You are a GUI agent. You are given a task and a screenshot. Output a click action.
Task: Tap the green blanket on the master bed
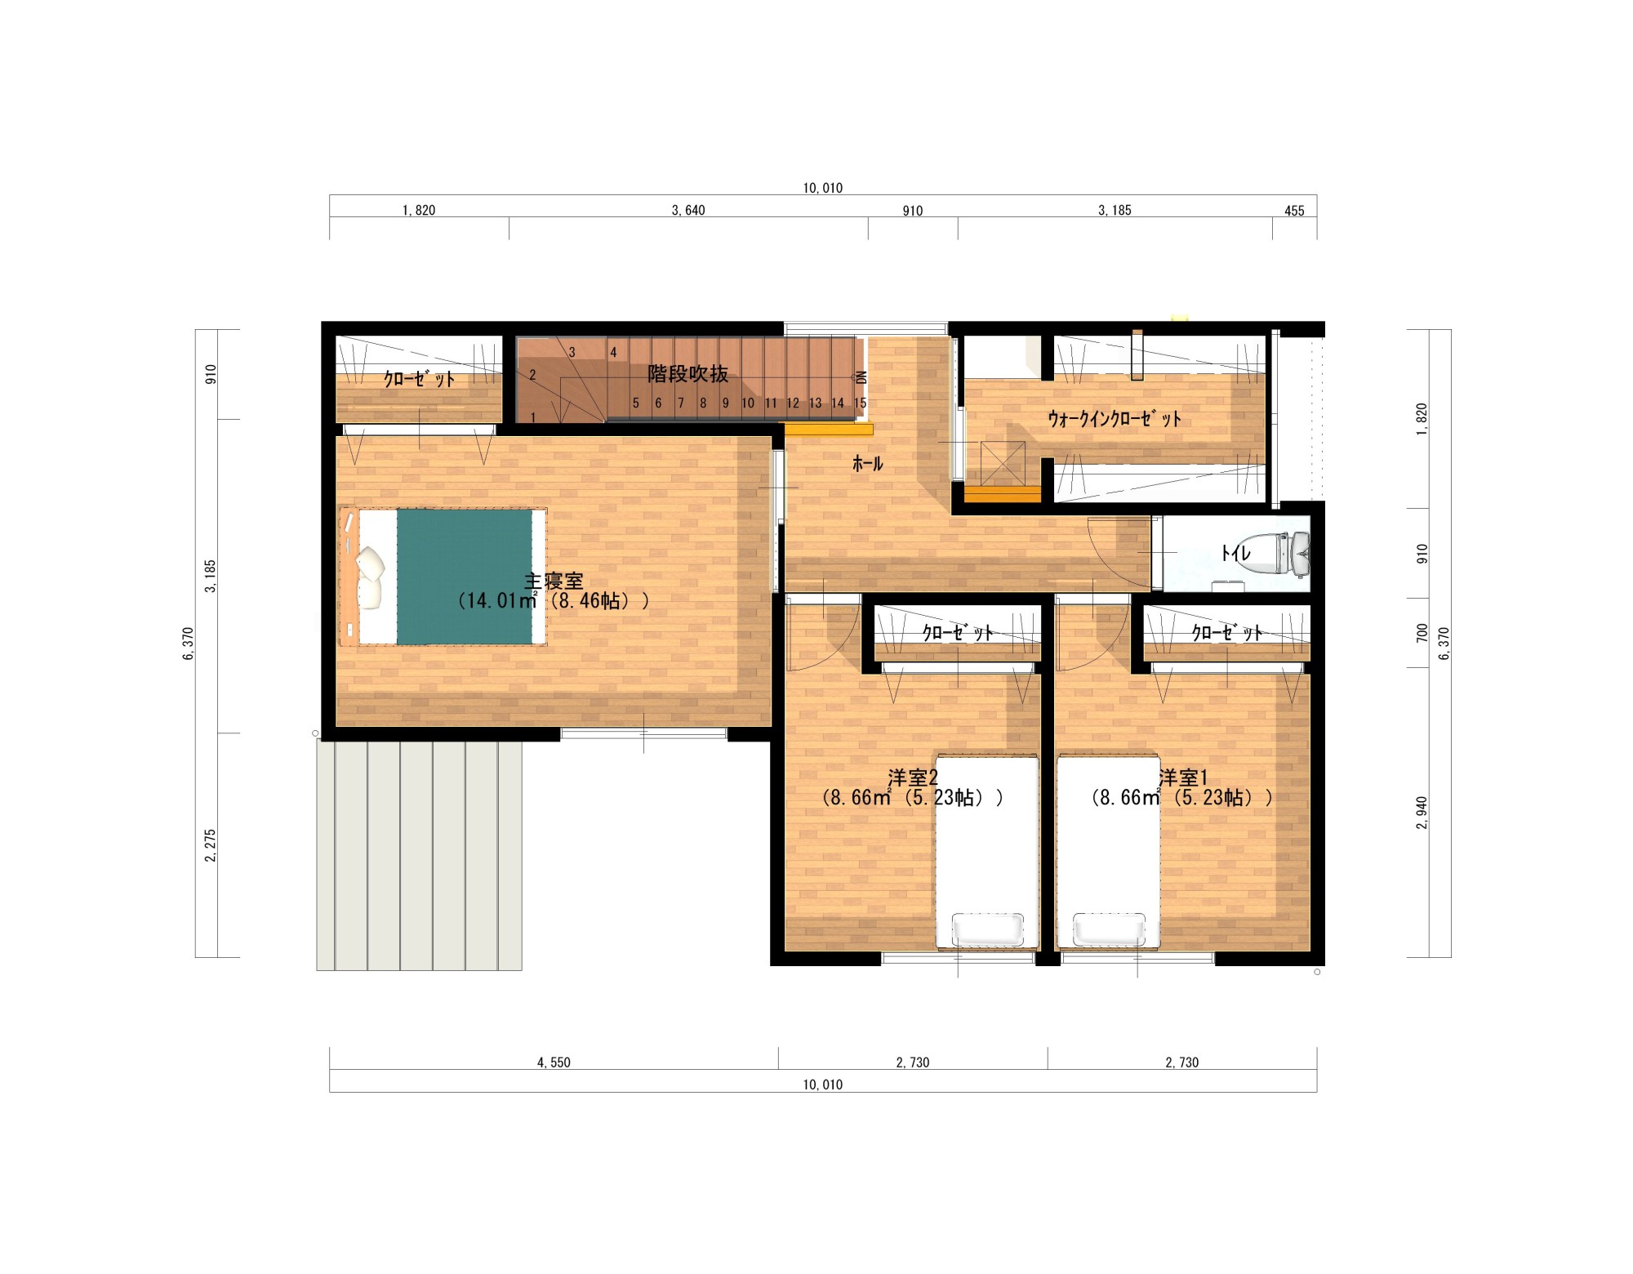[465, 577]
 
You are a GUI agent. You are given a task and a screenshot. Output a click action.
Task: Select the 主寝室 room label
[554, 581]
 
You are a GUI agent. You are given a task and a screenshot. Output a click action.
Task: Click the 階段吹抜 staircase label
[687, 374]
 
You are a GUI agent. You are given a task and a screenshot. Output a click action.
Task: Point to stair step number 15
[860, 403]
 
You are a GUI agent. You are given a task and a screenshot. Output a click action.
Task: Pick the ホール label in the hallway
[867, 464]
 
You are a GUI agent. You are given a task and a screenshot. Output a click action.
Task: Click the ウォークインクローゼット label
[1115, 420]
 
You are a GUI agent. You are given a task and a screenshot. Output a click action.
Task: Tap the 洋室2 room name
[913, 777]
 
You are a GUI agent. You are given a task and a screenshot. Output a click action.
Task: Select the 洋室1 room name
[1182, 777]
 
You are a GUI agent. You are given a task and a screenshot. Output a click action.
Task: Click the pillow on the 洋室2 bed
[988, 929]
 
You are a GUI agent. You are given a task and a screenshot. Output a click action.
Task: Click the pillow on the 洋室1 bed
[1109, 929]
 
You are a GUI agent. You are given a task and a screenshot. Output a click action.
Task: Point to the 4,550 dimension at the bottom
[554, 1062]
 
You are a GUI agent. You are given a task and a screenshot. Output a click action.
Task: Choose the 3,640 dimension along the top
[688, 211]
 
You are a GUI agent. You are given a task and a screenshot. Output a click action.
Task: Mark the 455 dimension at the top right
[1294, 211]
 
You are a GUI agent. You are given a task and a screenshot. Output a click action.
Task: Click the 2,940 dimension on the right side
[1422, 813]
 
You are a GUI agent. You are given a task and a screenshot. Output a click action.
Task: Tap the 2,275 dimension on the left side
[211, 845]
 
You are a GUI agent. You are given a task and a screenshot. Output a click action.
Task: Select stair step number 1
[533, 418]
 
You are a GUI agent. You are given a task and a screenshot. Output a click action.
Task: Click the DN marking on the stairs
[861, 377]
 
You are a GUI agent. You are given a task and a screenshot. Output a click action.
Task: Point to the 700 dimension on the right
[1422, 633]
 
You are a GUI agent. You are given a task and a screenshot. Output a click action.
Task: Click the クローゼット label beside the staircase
[419, 379]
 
